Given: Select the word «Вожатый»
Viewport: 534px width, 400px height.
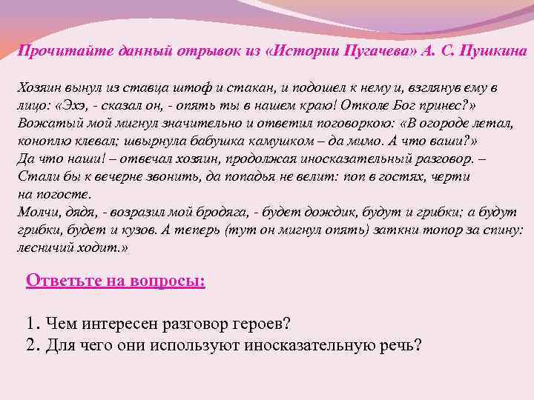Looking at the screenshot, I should (x=45, y=123).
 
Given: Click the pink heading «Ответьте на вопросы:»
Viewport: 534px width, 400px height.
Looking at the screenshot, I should (x=116, y=281).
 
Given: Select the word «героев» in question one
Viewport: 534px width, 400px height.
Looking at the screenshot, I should (x=263, y=324).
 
